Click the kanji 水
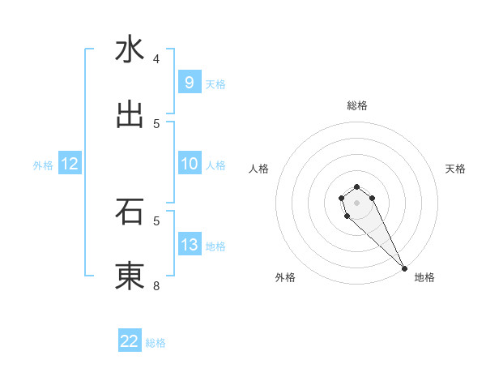pos(130,50)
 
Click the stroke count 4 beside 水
pos(156,58)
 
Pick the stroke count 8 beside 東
pos(156,285)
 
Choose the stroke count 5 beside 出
pos(156,123)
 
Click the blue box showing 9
pos(189,83)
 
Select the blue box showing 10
pos(189,164)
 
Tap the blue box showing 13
pos(189,245)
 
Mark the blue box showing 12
pos(70,164)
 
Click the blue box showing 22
pos(130,341)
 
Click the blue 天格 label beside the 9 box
pos(215,84)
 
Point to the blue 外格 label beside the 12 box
pos(43,165)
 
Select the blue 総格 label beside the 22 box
pos(156,343)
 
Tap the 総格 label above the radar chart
pos(357,105)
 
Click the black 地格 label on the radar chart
pos(424,277)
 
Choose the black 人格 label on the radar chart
pos(259,169)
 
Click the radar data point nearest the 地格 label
pos(404,268)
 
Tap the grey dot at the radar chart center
pos(356,203)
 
